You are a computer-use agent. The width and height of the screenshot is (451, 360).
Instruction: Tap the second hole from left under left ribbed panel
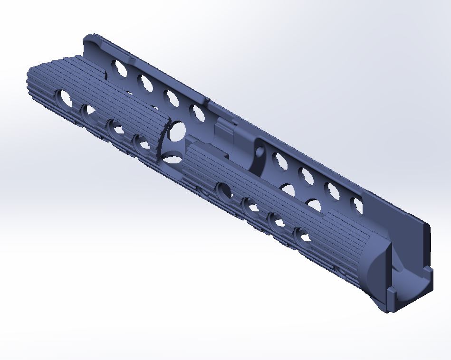coord(88,113)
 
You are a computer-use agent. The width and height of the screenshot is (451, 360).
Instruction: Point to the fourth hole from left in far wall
coord(197,113)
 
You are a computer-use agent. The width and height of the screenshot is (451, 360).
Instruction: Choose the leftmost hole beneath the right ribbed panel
coord(223,190)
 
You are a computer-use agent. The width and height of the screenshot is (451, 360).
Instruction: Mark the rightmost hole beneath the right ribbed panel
coord(301,235)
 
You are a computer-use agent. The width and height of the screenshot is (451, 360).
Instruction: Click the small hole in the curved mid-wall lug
coord(260,152)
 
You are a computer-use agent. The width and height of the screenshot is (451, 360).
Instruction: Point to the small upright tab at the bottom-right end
coord(391,299)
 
